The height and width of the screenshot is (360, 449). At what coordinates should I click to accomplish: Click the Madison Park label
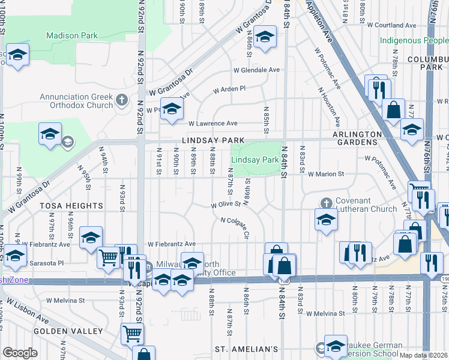pos(72,36)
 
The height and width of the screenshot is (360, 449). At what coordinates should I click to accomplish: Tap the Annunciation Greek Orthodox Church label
pos(76,101)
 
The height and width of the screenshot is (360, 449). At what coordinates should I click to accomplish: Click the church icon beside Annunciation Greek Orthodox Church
pos(122,100)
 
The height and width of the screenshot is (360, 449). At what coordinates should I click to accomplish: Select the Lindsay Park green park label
pos(255,160)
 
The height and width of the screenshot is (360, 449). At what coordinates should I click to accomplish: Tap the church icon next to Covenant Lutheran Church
pos(326,202)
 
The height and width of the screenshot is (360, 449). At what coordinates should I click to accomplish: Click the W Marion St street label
pos(327,175)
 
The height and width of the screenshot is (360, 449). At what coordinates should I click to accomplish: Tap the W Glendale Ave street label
pos(257,70)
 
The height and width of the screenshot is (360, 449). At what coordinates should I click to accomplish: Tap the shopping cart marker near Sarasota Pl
pos(108,258)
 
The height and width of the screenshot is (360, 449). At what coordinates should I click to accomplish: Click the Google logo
pos(20,353)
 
